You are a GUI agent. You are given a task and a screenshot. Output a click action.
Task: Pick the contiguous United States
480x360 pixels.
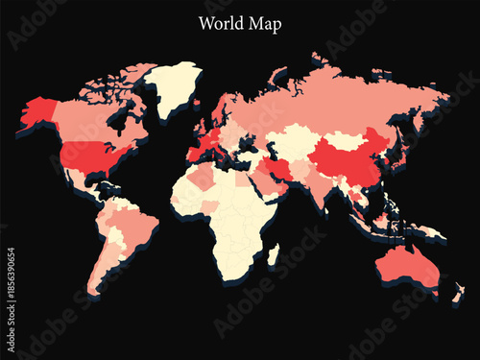pyautogui.click(x=92, y=156)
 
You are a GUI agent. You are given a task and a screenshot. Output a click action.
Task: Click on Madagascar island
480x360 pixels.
pyautogui.click(x=274, y=255)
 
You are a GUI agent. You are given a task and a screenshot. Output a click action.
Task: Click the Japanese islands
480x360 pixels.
pyautogui.click(x=397, y=154)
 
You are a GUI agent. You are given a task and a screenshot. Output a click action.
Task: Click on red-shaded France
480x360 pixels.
pyautogui.click(x=203, y=146)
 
